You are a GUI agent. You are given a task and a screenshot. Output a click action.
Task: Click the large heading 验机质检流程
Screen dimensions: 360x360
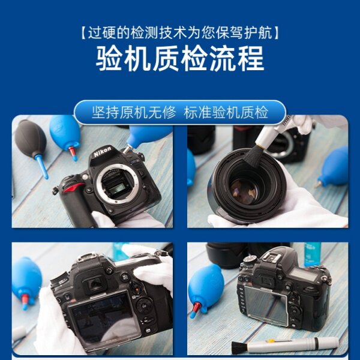(x=180, y=59)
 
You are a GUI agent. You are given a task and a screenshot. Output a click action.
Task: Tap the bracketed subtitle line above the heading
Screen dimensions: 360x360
(x=180, y=33)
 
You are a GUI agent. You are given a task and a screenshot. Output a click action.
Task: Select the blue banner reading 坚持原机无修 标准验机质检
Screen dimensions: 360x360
(x=180, y=112)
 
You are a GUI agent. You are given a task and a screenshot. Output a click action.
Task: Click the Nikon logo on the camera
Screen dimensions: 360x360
(x=103, y=152)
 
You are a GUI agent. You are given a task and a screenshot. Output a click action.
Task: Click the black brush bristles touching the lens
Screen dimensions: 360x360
(x=253, y=157)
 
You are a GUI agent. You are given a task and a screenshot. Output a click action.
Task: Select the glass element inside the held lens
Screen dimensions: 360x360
(x=244, y=192)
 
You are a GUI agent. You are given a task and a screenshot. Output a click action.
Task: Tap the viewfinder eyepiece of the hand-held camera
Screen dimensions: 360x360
(x=94, y=284)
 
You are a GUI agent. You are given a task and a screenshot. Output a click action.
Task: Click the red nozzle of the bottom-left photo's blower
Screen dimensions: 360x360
(x=25, y=299)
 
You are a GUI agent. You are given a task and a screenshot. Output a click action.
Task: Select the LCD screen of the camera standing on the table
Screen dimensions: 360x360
(x=265, y=304)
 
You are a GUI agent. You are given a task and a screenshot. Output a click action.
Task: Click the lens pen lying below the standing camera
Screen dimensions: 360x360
(x=284, y=345)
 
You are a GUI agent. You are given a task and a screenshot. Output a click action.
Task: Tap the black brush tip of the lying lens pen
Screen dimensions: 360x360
(x=239, y=347)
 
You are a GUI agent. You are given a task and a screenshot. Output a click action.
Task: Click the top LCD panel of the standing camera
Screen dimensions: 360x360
(x=303, y=274)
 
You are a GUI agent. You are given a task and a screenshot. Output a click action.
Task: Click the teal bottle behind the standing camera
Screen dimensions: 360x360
(x=312, y=254)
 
